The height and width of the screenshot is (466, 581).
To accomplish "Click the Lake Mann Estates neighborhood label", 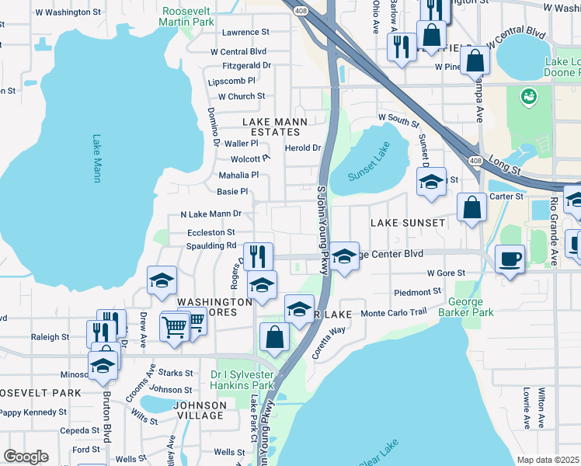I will tap(275, 127).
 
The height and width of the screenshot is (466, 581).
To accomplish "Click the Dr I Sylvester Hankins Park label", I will tap(242, 380).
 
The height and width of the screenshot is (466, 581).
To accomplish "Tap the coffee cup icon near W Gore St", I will tap(510, 259).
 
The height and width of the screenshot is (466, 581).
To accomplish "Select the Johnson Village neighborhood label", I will tap(200, 410).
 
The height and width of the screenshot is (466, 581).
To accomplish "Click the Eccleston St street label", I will tap(211, 232).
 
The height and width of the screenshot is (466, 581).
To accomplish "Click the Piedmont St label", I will tap(417, 292).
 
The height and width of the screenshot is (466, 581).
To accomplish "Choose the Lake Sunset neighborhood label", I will tap(408, 223).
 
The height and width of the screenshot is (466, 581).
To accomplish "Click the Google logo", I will tap(26, 457).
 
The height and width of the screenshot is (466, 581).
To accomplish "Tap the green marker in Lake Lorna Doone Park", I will tap(529, 96).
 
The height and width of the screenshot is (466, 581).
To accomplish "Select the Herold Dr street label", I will tap(303, 148).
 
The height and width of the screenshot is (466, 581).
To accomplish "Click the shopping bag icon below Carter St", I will tap(472, 207).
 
